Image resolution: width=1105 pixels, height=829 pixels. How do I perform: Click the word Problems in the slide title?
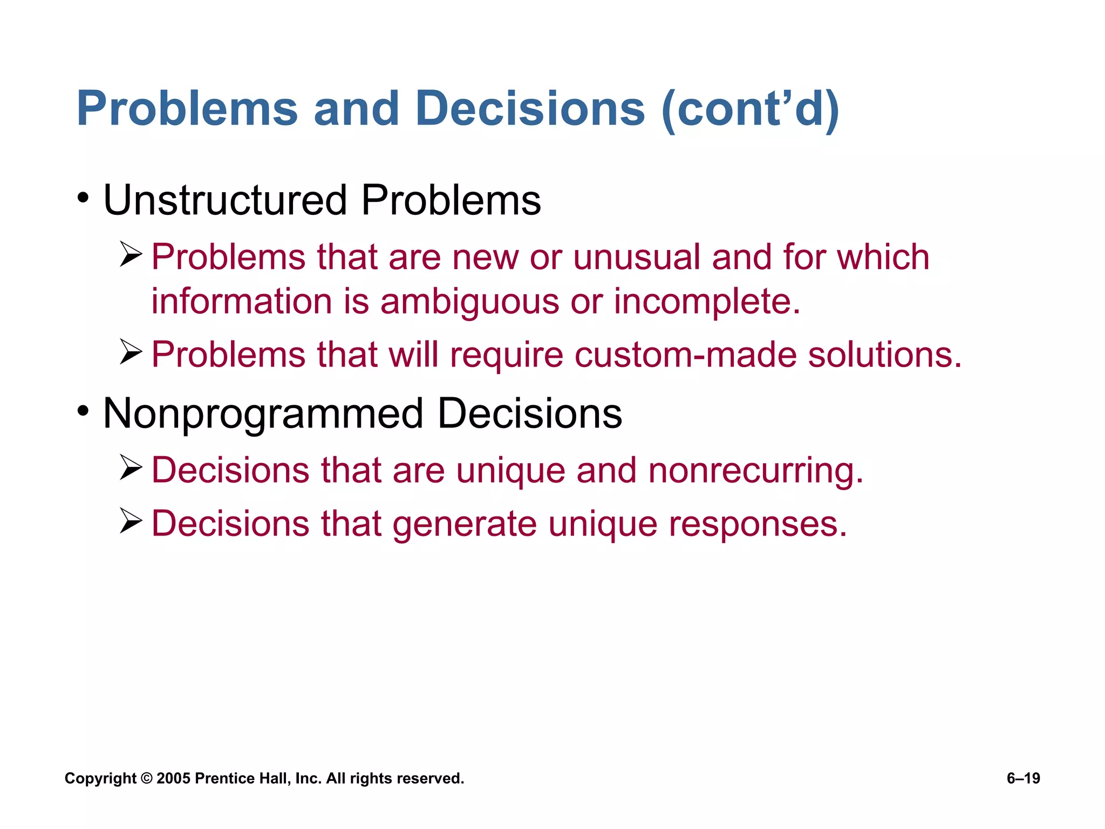[187, 108]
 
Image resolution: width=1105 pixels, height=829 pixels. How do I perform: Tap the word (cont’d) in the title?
[750, 108]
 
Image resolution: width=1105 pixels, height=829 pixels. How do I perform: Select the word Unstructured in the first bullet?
[225, 200]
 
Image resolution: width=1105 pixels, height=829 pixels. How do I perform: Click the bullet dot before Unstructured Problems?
[82, 198]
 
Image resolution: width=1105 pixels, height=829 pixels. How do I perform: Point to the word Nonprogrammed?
[263, 414]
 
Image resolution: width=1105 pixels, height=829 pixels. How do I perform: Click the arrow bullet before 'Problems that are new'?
[131, 255]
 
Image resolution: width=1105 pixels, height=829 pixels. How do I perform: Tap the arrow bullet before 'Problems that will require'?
[131, 352]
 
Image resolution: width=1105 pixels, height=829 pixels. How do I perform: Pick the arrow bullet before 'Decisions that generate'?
[131, 521]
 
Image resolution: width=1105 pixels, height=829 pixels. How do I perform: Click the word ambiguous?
[469, 302]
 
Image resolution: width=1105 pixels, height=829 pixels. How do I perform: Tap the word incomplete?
[707, 302]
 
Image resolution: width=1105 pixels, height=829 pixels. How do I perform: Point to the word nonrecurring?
[755, 470]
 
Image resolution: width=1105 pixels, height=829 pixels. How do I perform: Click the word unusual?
[636, 257]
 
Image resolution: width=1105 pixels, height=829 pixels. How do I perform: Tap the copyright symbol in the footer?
[146, 778]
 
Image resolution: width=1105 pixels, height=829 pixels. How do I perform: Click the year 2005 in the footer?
[173, 778]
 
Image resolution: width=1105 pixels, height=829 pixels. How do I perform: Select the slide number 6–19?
[1023, 778]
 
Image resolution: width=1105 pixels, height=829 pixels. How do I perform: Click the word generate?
[465, 524]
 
